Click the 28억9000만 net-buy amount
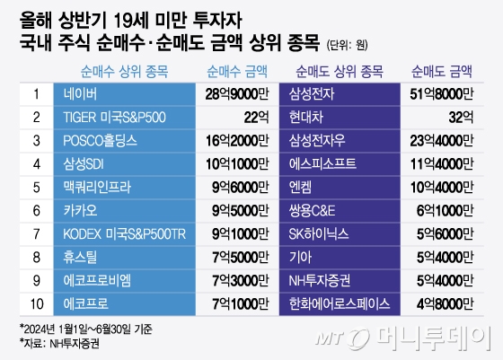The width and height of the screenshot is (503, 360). point(235,92)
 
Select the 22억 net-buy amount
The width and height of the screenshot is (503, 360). point(255,116)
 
